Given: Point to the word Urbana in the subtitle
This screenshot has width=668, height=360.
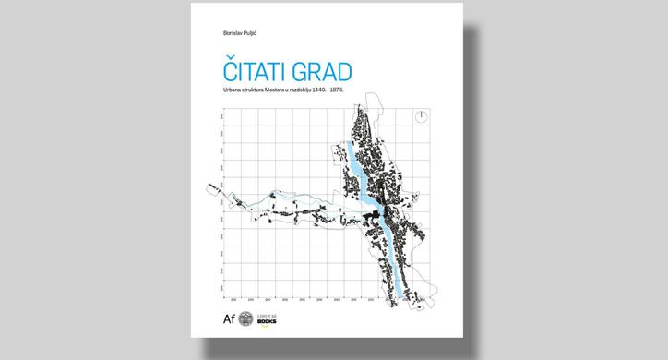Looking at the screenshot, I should coord(221,90).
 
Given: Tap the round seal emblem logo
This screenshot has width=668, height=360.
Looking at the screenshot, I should coord(245,320).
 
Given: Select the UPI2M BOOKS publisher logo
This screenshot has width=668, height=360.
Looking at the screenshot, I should coord(268,320).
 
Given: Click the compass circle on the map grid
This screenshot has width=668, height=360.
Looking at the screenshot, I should coord(421,116).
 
